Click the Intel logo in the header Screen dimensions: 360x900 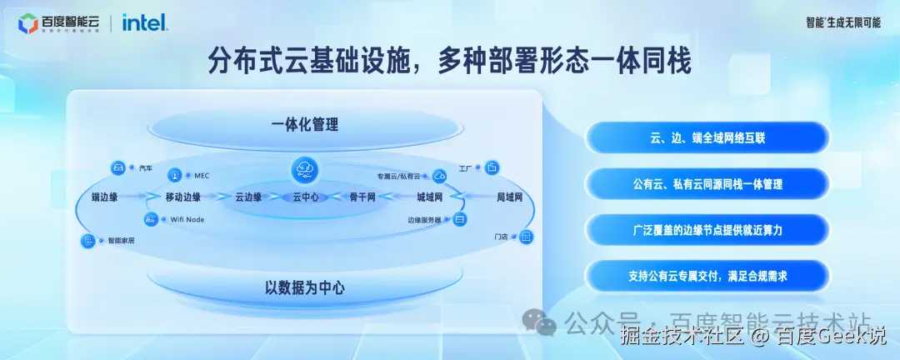point(145,23)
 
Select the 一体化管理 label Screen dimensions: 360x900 point(305,126)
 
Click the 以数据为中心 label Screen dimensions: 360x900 point(305,288)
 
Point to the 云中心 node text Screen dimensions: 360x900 point(305,197)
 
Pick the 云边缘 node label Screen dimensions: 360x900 point(248,197)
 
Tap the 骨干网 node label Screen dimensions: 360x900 point(362,197)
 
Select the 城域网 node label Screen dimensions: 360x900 point(428,197)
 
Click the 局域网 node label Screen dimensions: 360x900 point(508,197)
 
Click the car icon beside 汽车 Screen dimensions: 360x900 point(118,168)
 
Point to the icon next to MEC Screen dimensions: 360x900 point(175,176)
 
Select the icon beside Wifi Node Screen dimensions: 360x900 point(151,219)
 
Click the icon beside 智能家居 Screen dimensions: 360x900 point(87,241)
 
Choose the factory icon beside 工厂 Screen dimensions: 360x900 point(492,168)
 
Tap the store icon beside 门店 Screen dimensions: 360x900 point(526,237)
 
